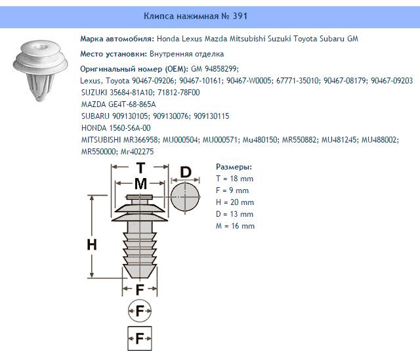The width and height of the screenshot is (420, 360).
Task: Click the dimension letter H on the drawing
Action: point(93,245)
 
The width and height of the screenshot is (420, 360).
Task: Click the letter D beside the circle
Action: point(186,173)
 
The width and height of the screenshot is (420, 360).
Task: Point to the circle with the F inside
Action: point(140,309)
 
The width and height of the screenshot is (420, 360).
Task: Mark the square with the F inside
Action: point(140,338)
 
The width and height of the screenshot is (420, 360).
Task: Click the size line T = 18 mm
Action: point(234,179)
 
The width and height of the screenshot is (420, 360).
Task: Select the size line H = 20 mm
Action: point(234,202)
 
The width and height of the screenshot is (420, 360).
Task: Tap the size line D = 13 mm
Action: point(234,214)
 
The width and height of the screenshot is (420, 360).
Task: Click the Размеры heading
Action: point(234,167)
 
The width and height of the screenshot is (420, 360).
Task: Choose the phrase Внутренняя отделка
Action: point(187,53)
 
